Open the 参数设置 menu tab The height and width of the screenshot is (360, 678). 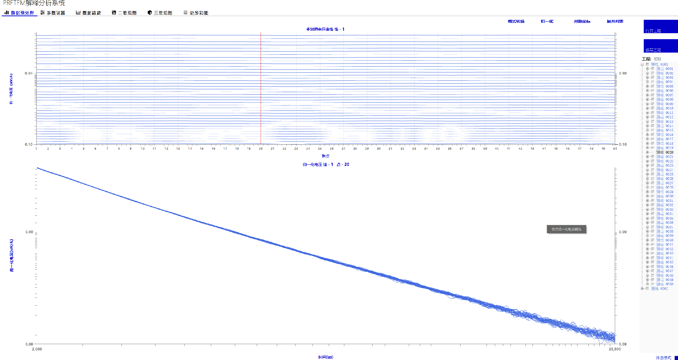tap(53, 13)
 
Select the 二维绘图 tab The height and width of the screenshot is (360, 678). tap(124, 13)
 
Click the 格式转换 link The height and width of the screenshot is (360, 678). tap(516, 22)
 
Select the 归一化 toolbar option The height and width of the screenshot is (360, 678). tap(547, 22)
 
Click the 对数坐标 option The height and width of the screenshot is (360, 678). tap(582, 22)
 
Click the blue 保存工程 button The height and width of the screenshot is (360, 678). tap(660, 46)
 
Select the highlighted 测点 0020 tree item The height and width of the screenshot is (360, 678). tap(665, 152)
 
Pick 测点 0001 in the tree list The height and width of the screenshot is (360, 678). tap(665, 69)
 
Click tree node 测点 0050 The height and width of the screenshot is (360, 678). tap(665, 284)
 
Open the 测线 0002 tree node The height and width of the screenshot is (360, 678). tap(659, 289)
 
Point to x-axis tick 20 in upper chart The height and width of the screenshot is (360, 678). tap(261, 149)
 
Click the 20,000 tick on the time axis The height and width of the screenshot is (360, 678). tap(614, 349)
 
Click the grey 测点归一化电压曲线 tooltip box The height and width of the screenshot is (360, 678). tap(566, 229)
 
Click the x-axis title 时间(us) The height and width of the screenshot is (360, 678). tap(325, 357)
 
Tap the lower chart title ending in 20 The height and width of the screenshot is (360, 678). tap(326, 164)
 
